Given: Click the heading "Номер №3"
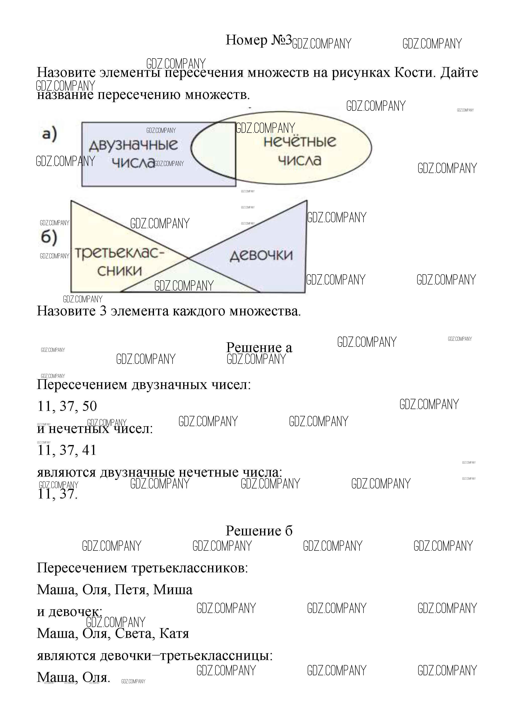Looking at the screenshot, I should tap(259, 40).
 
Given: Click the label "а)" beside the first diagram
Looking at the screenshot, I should tap(49, 134).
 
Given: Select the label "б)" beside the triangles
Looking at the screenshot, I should tap(49, 237).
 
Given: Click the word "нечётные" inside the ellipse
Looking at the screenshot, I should tap(300, 141).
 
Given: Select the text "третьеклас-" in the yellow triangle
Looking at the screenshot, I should tap(119, 253).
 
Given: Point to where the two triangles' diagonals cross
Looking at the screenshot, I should tap(188, 258).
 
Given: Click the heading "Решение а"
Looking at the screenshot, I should tap(259, 348).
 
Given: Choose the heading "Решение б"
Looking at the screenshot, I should tap(259, 531).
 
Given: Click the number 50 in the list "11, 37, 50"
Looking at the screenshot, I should tap(89, 406).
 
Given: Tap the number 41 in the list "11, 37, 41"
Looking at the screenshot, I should tap(89, 450).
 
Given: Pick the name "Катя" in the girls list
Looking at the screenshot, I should tap(174, 633).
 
